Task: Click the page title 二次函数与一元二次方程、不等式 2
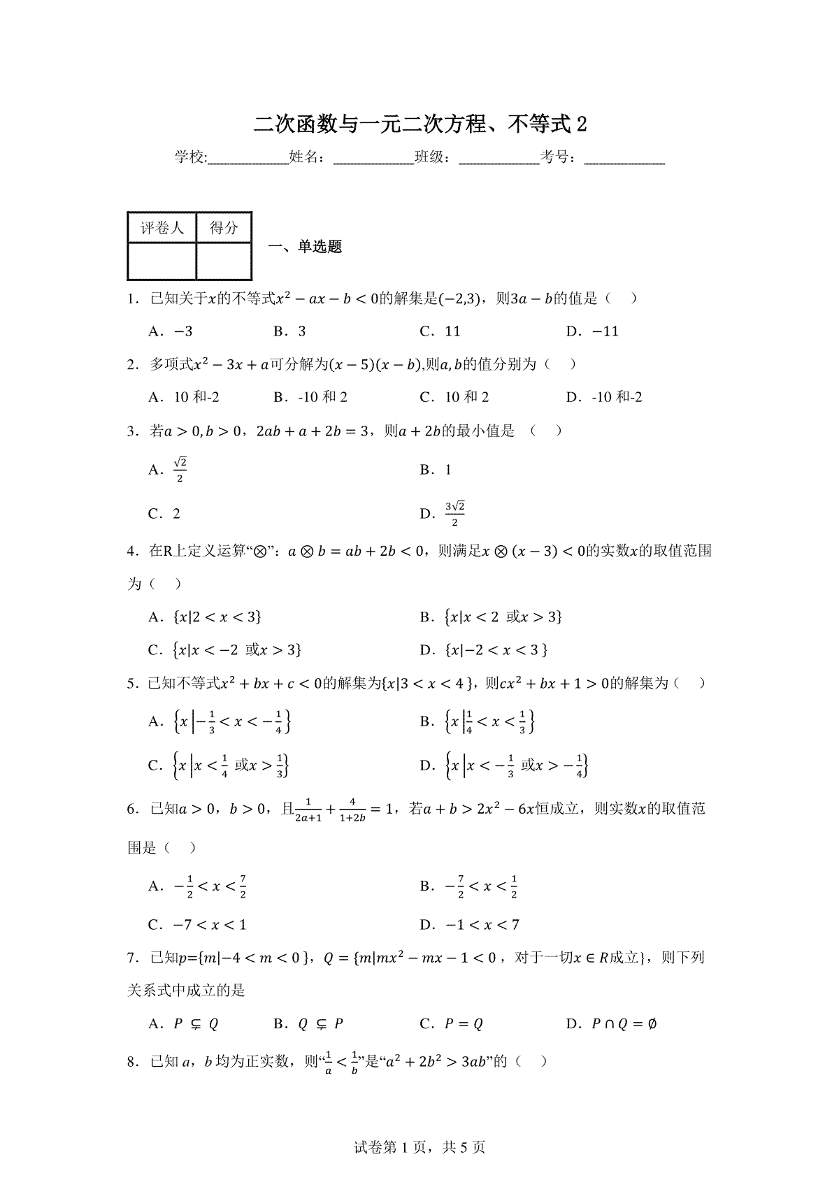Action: [419, 124]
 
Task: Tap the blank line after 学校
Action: [248, 159]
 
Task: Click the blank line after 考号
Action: [624, 159]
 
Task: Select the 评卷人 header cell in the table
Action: [162, 228]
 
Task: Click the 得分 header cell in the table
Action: [224, 228]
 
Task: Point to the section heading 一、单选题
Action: [306, 247]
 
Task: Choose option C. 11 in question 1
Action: [440, 331]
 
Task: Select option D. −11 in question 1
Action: [592, 331]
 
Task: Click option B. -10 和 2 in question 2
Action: [310, 398]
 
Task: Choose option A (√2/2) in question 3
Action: [168, 470]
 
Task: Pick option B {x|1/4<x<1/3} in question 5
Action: [478, 722]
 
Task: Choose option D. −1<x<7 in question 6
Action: [469, 926]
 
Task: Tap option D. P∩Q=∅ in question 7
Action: [611, 1025]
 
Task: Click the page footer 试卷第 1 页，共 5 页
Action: [419, 1148]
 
